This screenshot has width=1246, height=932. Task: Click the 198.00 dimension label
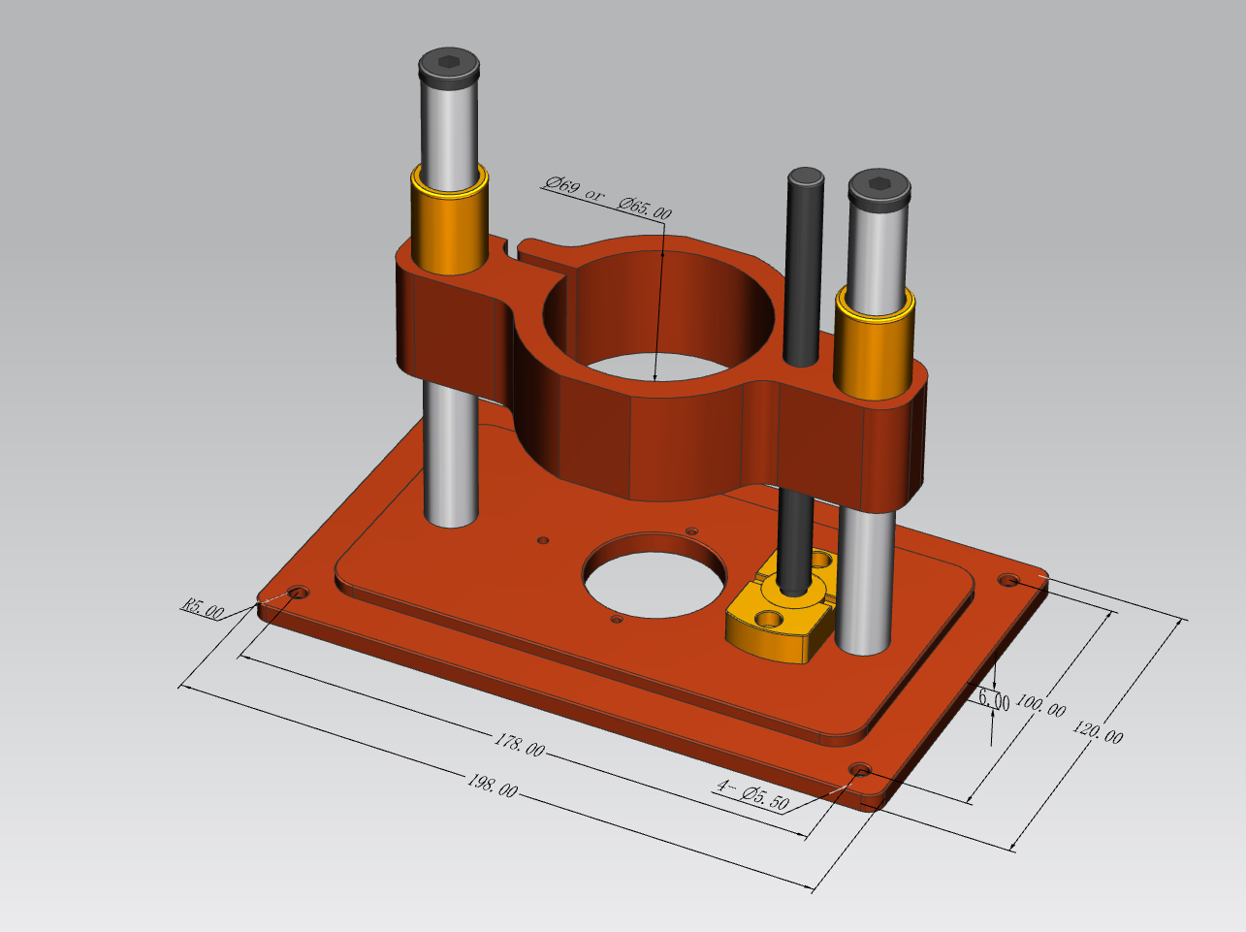(x=492, y=785)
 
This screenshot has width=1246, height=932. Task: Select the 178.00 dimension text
(x=520, y=745)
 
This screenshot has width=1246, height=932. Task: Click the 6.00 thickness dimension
(x=994, y=698)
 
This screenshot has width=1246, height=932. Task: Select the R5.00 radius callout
(x=203, y=608)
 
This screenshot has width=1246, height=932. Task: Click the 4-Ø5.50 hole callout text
(x=752, y=796)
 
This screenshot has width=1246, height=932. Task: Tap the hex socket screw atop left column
(x=449, y=65)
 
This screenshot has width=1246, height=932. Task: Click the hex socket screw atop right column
(x=879, y=184)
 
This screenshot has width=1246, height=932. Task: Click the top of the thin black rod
(x=806, y=177)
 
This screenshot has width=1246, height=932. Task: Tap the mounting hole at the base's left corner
(x=298, y=592)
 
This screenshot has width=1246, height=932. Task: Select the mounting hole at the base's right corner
(x=1009, y=580)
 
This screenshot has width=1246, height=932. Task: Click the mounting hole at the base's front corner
(x=860, y=770)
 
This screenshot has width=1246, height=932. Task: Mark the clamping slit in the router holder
(x=514, y=251)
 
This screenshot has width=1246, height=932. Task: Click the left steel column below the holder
(x=450, y=456)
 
